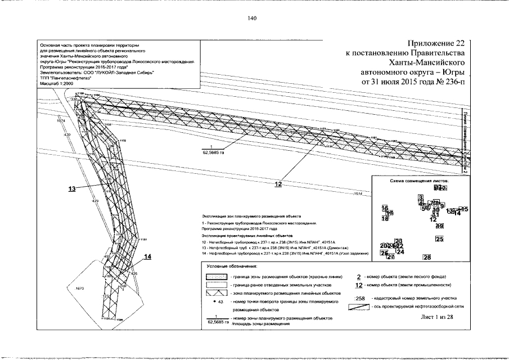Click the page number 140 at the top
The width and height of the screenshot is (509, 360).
251,19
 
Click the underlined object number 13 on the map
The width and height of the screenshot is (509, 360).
72,190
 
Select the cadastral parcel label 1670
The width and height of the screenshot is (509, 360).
79,288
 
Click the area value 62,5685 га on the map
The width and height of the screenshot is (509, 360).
213,152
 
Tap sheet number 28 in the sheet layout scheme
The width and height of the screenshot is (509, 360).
427,258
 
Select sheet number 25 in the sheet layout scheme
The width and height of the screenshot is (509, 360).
440,240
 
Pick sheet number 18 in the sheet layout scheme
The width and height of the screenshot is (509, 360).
385,219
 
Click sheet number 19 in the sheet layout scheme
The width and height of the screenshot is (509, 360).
440,226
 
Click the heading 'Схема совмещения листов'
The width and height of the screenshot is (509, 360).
415,182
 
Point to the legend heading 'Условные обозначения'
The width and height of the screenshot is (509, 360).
232,265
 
